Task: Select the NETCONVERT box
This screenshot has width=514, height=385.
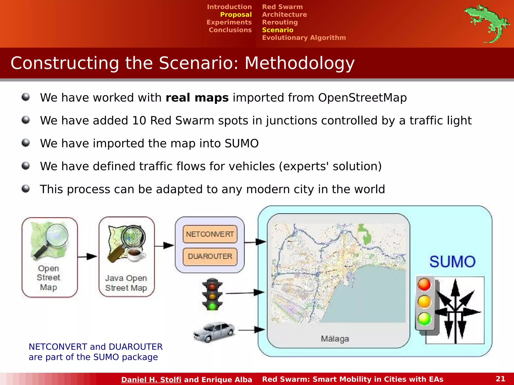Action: (x=210, y=234)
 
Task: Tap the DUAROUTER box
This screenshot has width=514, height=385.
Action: (x=210, y=256)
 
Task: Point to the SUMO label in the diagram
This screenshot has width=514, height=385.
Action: (x=452, y=262)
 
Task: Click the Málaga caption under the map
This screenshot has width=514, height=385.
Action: (x=335, y=339)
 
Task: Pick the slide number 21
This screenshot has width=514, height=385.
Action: (x=500, y=378)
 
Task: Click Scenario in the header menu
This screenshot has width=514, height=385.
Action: (x=278, y=30)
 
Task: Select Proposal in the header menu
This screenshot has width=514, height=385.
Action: (x=236, y=15)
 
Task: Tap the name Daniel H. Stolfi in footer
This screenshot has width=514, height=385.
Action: (x=151, y=379)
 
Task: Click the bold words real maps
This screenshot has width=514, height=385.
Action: (x=197, y=98)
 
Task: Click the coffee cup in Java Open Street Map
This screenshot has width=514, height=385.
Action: (x=136, y=254)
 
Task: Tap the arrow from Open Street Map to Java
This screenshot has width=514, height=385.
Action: (x=87, y=256)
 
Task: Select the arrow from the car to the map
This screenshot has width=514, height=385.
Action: (x=251, y=330)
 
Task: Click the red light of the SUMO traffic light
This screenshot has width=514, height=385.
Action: (x=424, y=284)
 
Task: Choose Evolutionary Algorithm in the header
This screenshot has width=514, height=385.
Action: (x=304, y=38)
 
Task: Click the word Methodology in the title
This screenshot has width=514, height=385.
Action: (x=299, y=63)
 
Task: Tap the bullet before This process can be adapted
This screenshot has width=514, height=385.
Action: (x=26, y=188)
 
